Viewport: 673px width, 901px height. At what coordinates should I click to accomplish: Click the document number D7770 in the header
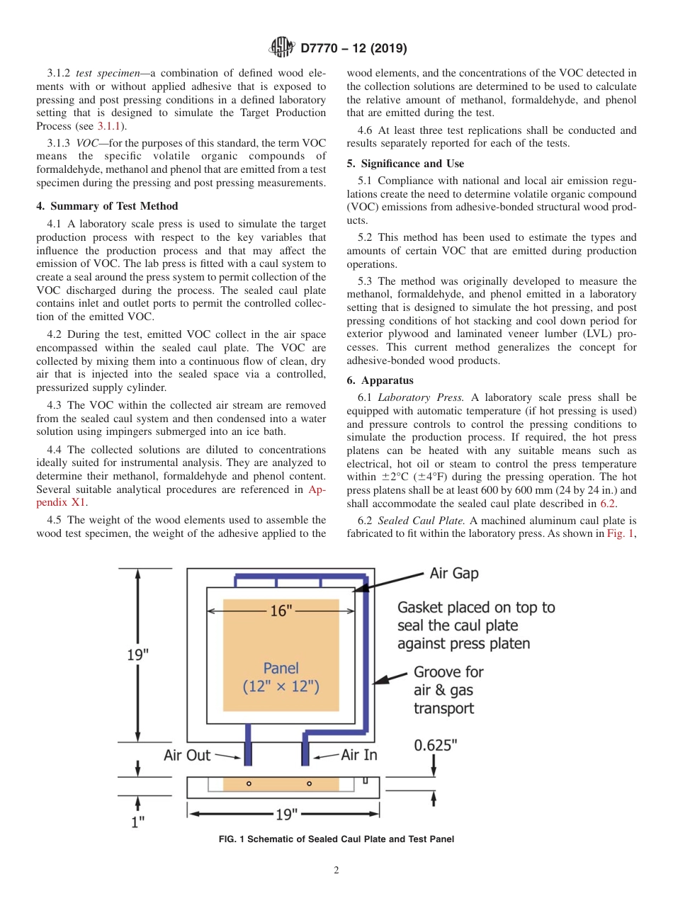(322, 49)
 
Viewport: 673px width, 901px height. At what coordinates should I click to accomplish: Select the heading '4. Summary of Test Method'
(107, 207)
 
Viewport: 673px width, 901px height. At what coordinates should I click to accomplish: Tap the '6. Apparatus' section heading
(380, 380)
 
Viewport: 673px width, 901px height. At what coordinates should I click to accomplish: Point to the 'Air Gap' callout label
(453, 573)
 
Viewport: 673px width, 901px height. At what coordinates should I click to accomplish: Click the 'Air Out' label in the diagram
(187, 755)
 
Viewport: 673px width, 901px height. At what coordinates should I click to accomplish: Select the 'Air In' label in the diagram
(359, 755)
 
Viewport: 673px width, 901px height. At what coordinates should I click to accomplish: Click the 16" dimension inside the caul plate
(281, 611)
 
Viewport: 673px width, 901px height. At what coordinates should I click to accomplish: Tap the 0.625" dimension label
(436, 745)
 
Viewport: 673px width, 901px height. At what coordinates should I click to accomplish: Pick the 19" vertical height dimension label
(137, 654)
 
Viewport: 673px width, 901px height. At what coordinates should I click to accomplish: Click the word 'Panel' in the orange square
(281, 667)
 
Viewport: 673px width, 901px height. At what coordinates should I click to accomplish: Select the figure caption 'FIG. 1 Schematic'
(336, 839)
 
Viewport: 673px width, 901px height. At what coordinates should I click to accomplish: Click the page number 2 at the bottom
(336, 871)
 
